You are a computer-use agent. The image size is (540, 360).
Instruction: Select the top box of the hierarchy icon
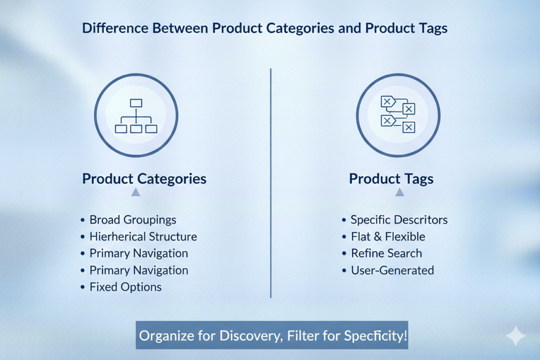pyautogui.click(x=136, y=103)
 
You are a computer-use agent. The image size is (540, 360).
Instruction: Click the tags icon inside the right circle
pyautogui.click(x=398, y=114)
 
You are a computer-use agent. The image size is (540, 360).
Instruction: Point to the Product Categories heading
pyautogui.click(x=144, y=179)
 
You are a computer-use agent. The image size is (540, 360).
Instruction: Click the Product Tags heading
pyautogui.click(x=391, y=179)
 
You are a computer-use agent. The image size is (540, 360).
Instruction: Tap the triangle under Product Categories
pyautogui.click(x=136, y=192)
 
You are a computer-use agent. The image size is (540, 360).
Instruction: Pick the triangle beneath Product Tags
pyautogui.click(x=400, y=192)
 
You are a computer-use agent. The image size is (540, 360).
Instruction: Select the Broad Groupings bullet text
pyautogui.click(x=133, y=220)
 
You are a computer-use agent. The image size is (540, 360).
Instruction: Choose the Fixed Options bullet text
pyautogui.click(x=126, y=287)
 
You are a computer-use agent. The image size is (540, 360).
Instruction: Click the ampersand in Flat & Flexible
pyautogui.click(x=378, y=237)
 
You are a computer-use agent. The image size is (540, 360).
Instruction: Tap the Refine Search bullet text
pyautogui.click(x=387, y=254)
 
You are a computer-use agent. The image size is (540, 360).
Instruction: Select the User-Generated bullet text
pyautogui.click(x=392, y=270)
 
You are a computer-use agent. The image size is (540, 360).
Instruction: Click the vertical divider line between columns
pyautogui.click(x=271, y=183)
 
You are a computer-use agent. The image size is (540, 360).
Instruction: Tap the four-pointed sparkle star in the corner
pyautogui.click(x=516, y=336)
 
